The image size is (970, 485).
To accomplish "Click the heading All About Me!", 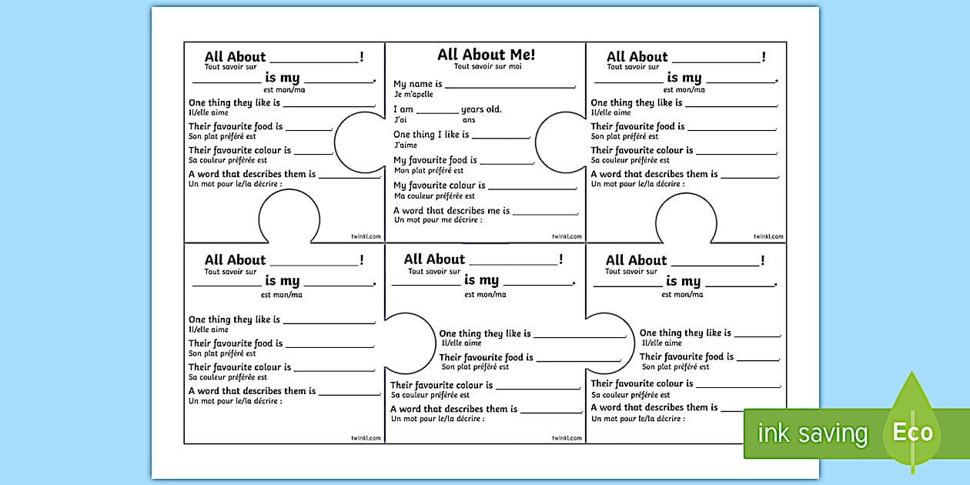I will [486, 55].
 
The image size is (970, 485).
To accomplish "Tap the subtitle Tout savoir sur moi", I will [487, 67].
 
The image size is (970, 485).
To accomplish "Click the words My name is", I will [417, 84].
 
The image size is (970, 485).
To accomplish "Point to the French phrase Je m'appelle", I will [413, 95].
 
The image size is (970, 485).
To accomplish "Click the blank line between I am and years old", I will [437, 112].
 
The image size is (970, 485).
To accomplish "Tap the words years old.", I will [481, 109].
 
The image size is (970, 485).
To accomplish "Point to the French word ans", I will [469, 120].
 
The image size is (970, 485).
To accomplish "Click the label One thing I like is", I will [431, 135].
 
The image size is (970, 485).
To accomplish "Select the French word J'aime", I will [405, 145].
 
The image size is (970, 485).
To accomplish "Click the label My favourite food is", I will [435, 160].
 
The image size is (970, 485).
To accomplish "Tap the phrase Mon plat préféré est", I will [429, 171].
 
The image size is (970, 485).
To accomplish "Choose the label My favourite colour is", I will [440, 186].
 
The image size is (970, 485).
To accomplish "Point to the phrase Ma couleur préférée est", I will [434, 196].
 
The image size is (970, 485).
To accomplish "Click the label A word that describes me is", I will [451, 211].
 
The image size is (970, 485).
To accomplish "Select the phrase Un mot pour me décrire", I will [438, 220].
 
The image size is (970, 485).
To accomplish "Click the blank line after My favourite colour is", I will [533, 188].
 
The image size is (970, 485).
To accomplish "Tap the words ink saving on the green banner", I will [812, 433].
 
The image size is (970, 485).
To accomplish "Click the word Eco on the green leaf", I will [912, 432].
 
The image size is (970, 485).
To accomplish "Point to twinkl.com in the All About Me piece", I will [567, 236].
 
